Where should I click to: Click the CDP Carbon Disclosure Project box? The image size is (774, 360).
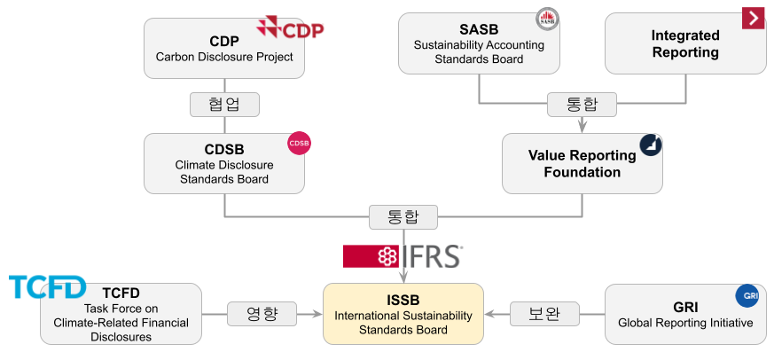(x=223, y=50)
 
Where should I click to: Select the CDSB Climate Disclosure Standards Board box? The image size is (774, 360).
(x=223, y=163)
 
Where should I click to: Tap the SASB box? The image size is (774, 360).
(x=479, y=43)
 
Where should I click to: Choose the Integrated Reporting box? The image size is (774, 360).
(x=684, y=43)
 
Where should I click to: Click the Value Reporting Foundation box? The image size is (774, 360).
(x=582, y=163)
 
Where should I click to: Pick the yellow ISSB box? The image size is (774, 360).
(x=403, y=314)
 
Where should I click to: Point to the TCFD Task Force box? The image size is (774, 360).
(x=121, y=314)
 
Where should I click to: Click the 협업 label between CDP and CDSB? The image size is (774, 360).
(x=223, y=105)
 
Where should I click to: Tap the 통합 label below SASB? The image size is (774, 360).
(x=582, y=105)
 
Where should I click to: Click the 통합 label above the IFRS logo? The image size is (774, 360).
(x=403, y=216)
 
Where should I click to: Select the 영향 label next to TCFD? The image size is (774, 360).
(x=261, y=314)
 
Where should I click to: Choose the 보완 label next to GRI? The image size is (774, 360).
(x=543, y=314)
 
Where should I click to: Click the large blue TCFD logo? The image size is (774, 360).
(x=47, y=286)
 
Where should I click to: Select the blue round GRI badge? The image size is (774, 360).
(x=747, y=295)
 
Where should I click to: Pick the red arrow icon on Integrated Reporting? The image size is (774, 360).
(x=754, y=17)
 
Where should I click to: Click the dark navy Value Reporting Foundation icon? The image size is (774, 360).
(x=652, y=145)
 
